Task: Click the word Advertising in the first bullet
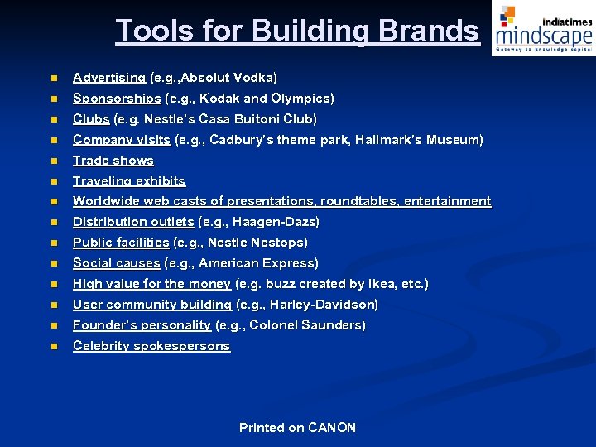(x=109, y=78)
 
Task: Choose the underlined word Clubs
(x=91, y=119)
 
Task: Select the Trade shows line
(x=113, y=161)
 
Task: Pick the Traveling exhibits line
(x=129, y=181)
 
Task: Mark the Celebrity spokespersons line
(x=151, y=346)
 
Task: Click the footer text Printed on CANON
(x=297, y=428)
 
